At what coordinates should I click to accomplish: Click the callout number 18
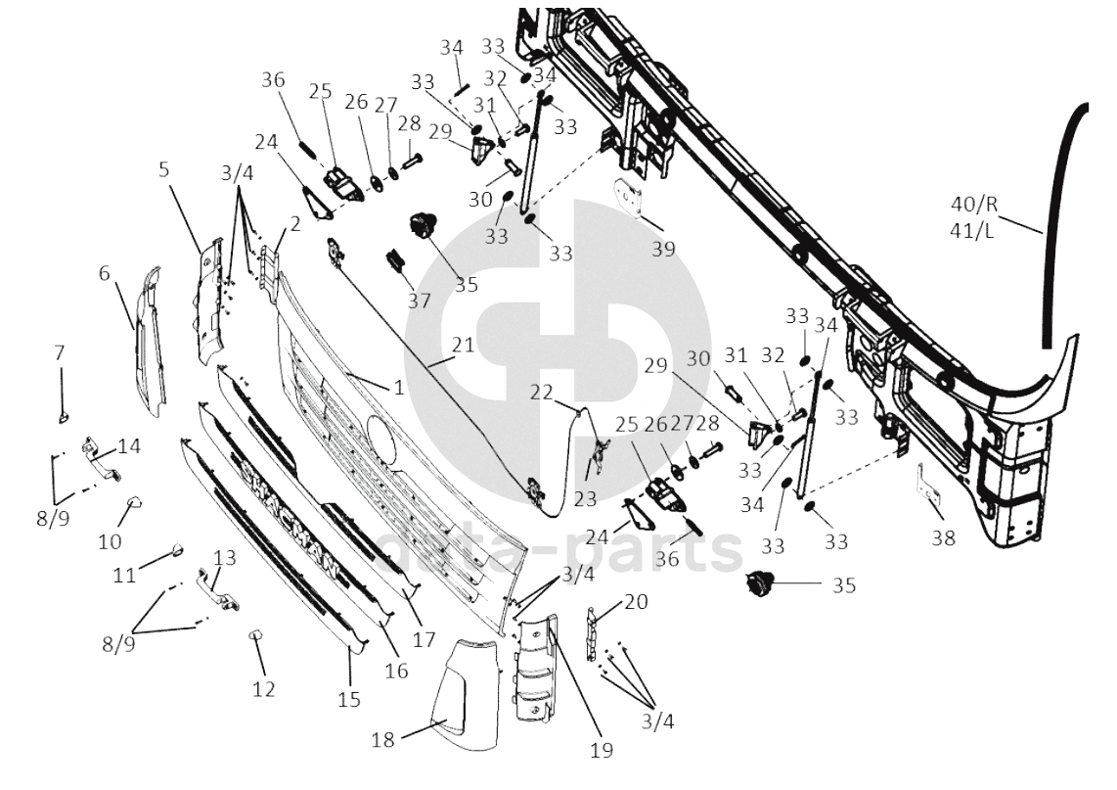pos(382,740)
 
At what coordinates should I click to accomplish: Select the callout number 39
pos(663,249)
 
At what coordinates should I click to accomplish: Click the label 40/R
pos(973,205)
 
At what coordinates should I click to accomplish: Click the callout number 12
pos(264,690)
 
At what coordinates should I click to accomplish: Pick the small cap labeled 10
pos(134,504)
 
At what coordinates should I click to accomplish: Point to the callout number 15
pos(349,699)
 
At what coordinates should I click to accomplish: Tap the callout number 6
pos(105,275)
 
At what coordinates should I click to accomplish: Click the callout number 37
pos(420,301)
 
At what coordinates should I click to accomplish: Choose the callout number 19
pos(602,751)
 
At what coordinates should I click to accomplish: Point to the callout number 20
pos(635,603)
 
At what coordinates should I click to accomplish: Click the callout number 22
pos(541,392)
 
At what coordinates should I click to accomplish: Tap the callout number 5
pos(164,168)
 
